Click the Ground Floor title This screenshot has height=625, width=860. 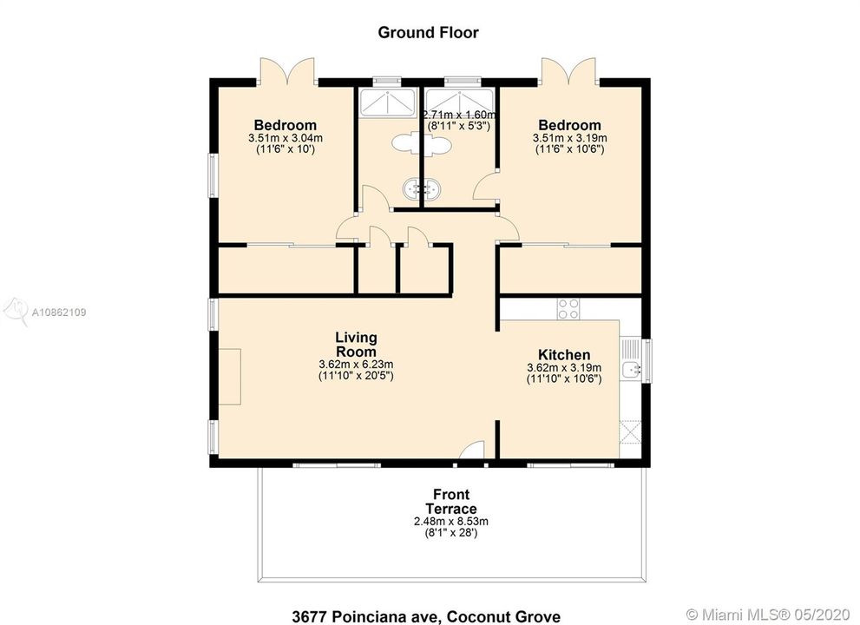pos(428,32)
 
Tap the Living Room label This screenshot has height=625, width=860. pos(356,344)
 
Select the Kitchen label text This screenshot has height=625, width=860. pos(564,354)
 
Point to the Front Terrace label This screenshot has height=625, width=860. pos(451,502)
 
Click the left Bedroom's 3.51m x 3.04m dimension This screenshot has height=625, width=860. pos(286,138)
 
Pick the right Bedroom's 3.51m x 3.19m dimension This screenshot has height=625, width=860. pos(570,138)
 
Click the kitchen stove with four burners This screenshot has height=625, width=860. pos(568,308)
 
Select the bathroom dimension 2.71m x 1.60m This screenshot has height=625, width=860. pos(460,115)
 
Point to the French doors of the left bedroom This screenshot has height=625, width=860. pos(287,71)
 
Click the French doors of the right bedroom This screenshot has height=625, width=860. pos(568,71)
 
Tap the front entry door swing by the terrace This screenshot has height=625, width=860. pos(472,451)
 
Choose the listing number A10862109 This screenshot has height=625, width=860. pos(59,312)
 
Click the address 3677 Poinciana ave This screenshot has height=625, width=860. pos(366,616)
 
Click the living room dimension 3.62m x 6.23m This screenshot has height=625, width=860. pos(356,365)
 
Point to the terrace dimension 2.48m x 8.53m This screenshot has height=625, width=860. pos(451,522)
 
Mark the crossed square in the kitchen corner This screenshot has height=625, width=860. pos(630,431)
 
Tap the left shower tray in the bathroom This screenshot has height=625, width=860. pos(387,102)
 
